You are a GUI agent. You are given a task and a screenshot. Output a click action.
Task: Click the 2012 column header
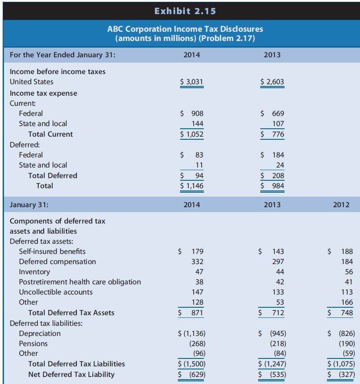tap(341, 205)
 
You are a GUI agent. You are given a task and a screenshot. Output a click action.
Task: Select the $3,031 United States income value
tap(192, 82)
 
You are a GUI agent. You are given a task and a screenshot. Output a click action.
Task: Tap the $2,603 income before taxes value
tap(273, 82)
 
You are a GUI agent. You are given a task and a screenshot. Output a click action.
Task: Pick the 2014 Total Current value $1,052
tap(192, 134)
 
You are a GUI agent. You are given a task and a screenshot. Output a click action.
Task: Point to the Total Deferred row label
tap(52, 175)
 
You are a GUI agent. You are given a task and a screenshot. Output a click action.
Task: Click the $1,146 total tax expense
tap(192, 186)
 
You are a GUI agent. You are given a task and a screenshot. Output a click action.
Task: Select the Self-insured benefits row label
tap(52, 251)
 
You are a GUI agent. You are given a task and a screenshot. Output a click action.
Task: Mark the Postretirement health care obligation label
tap(80, 282)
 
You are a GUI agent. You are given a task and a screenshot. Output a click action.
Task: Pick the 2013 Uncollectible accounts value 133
tap(278, 292)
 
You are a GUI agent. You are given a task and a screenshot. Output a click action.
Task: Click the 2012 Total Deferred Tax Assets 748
tap(347, 313)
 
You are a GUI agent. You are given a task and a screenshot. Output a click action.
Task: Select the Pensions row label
tap(33, 343)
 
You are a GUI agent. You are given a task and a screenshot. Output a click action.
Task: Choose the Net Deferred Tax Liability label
tap(71, 374)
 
